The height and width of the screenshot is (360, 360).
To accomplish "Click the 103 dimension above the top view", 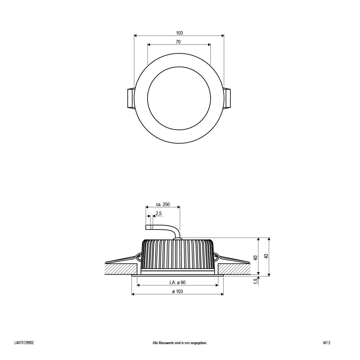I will pos(179,33).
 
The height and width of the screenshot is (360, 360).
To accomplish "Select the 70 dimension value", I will pos(178,42).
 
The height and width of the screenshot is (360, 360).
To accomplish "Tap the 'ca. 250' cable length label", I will pos(163,205).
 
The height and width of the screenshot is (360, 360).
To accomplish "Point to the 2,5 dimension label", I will pos(159,214).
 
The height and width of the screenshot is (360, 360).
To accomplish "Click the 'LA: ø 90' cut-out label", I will pos(177,283).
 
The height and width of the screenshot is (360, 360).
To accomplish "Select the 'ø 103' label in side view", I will pos(177,291).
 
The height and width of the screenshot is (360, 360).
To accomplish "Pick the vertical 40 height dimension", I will pos(255,258).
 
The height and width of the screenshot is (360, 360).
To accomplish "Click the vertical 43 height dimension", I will pos(266,256).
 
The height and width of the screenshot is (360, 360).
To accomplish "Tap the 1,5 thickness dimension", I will pos(255,281).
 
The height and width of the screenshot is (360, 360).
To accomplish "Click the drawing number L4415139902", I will pos(24,343).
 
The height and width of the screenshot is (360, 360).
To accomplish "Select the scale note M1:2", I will pos(327,343).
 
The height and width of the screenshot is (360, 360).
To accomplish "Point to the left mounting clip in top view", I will pos(130,98).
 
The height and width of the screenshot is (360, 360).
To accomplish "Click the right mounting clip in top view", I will pos(227,98).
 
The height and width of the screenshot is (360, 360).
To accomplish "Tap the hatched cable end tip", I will pos(152,227).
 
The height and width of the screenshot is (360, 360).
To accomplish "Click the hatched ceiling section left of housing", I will pos(122,269).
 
